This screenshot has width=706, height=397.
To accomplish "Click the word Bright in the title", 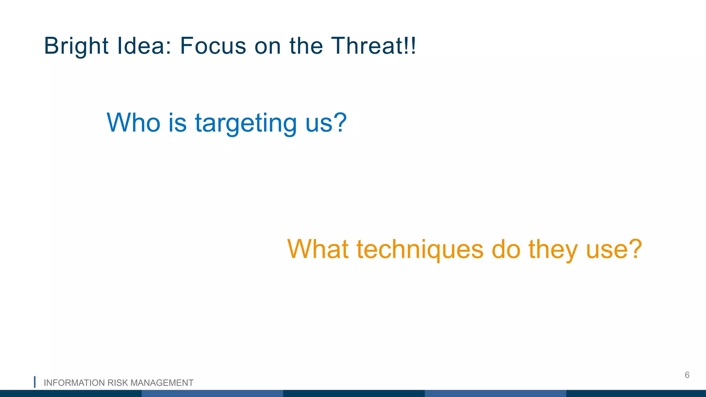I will (x=76, y=46).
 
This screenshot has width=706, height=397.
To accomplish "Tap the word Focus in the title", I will (x=213, y=46).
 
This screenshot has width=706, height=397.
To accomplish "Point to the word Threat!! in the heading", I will (x=374, y=46).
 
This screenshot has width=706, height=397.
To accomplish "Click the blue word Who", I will (x=133, y=123).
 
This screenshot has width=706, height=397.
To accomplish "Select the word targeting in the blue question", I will (x=246, y=123).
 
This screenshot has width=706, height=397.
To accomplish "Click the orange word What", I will (x=317, y=249).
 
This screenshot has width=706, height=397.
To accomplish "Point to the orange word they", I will (x=553, y=250).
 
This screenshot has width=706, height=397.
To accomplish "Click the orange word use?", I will (x=614, y=250).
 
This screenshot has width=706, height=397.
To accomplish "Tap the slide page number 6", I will (x=687, y=375).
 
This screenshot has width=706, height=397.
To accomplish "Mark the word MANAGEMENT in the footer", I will (x=162, y=383).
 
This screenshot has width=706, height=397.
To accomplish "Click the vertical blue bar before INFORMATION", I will (x=34, y=382).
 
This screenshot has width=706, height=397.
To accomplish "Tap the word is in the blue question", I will (x=177, y=123).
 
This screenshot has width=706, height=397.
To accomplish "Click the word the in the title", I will (x=306, y=46).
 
